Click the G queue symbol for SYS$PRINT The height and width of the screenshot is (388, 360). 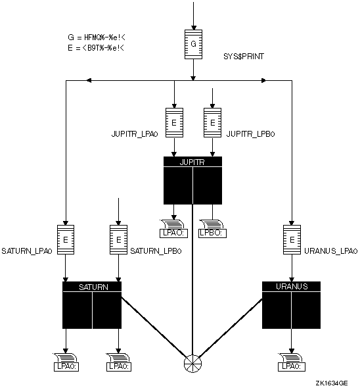tap(193, 44)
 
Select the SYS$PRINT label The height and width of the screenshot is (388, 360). tap(244, 57)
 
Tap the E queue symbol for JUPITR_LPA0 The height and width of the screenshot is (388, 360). tap(174, 122)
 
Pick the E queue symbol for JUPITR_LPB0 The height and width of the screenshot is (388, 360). tap(212, 122)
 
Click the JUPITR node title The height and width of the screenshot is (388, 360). tap(192, 162)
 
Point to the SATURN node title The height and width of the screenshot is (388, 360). tap(93, 287)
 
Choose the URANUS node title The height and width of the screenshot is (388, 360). tap(292, 287)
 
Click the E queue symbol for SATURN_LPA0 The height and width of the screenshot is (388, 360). tap(66, 239)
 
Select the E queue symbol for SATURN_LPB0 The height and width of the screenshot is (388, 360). tap(118, 239)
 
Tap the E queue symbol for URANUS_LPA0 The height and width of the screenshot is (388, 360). tap(292, 239)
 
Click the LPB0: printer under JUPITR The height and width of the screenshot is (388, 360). tap(212, 228)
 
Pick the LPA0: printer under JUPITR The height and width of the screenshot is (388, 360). tap(174, 228)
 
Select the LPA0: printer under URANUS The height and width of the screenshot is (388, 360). tap(292, 362)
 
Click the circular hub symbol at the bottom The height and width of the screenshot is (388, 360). tap(192, 364)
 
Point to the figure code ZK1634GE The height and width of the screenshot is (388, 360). tap(332, 383)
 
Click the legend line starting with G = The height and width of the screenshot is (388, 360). tap(97, 37)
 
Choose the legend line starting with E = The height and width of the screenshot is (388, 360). tap(96, 48)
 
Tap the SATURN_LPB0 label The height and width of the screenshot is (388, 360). tap(156, 251)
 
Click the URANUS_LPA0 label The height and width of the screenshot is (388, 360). tap(331, 251)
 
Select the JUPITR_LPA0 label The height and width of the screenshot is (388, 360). tap(135, 134)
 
